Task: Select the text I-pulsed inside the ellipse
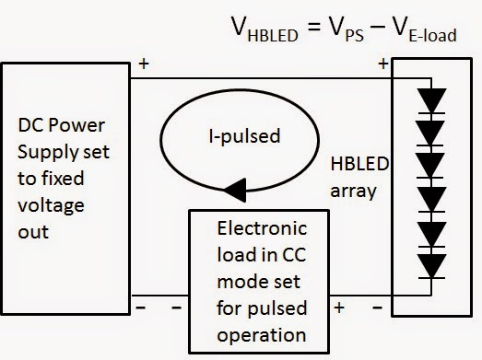245,136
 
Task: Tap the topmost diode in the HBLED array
431,100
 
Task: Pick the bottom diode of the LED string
431,266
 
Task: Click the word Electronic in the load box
262,228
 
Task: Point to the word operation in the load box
262,335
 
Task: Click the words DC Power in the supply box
62,125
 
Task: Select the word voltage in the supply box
51,206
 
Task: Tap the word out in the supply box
33,232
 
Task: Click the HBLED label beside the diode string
359,164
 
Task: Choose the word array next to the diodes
353,192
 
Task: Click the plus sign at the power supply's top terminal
144,64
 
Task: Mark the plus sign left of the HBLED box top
383,64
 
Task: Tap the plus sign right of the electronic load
339,308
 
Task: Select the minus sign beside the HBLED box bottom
378,308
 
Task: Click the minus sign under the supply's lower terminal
140,308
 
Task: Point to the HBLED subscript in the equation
273,36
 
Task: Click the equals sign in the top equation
314,26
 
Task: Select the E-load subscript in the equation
432,35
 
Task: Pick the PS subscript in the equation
355,36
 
